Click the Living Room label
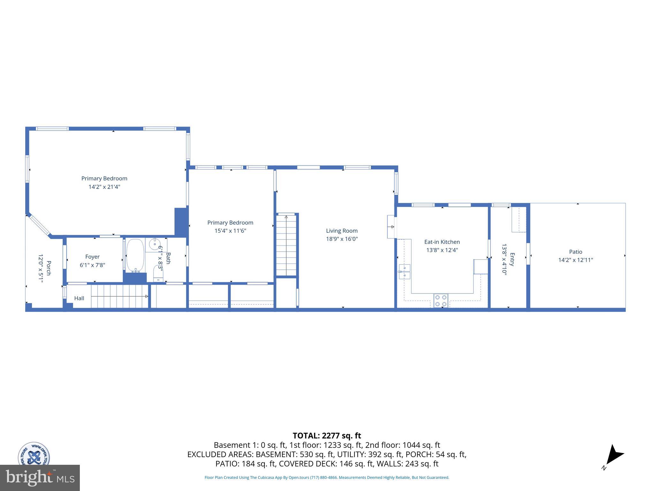click(x=342, y=230)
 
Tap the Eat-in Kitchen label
click(x=442, y=242)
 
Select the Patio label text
click(x=575, y=252)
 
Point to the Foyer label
click(x=92, y=257)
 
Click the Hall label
click(x=79, y=298)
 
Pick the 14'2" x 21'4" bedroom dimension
click(x=104, y=187)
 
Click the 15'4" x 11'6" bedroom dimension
click(x=230, y=231)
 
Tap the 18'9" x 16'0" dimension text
click(x=342, y=239)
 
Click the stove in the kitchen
click(x=441, y=300)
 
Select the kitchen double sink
click(x=405, y=271)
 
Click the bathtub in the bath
click(x=135, y=255)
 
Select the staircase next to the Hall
click(x=119, y=296)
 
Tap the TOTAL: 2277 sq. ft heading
click(x=327, y=436)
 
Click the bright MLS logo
click(x=40, y=478)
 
